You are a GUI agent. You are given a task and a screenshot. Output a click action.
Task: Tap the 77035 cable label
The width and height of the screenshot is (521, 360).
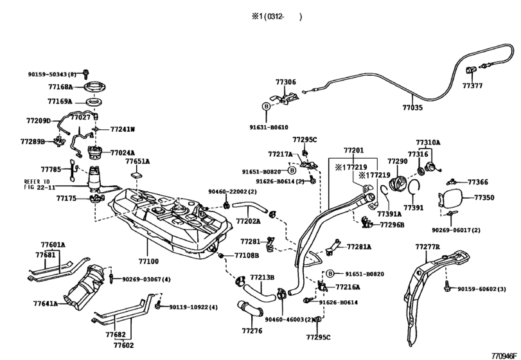coord(412,108)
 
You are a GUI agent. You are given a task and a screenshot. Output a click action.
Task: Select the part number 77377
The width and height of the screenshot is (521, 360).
coord(472,85)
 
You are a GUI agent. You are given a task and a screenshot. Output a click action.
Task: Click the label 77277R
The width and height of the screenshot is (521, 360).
coord(427,247)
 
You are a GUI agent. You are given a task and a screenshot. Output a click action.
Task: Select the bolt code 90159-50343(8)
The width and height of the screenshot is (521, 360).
coord(52,75)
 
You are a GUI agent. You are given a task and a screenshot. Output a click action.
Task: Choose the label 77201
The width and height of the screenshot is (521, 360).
coord(353,150)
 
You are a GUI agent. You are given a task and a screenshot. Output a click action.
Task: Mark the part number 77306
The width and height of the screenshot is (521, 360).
coord(286,82)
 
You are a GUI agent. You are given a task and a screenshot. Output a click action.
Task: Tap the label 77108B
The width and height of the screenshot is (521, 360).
coord(246,255)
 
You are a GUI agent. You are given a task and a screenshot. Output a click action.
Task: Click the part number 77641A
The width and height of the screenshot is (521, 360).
coord(46,303)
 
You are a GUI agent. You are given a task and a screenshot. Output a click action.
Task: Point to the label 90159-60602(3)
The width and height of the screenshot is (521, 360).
coord(482,289)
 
